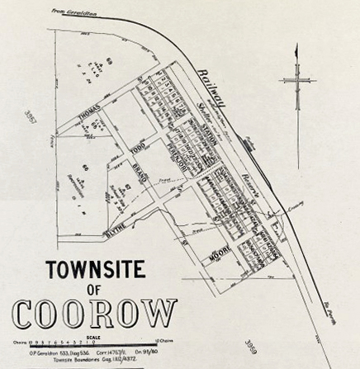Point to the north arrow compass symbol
click(297, 83)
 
